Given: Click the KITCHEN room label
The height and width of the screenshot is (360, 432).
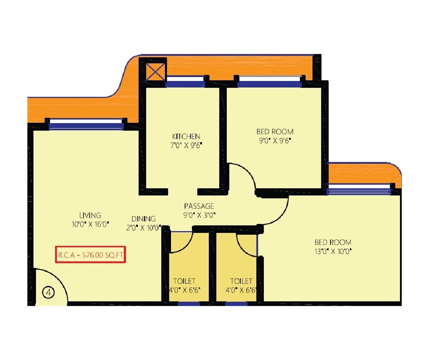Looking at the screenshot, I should (x=186, y=136).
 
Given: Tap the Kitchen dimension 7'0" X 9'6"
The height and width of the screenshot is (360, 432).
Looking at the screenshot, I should (x=186, y=145).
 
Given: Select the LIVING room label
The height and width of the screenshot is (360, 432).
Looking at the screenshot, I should (x=90, y=215).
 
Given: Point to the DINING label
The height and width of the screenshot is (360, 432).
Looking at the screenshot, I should (x=143, y=219).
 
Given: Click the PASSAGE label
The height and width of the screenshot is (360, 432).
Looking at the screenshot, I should (x=199, y=206).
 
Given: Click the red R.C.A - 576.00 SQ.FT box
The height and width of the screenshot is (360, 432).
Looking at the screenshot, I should (x=90, y=255).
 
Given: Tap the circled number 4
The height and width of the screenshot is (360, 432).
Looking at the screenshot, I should (x=49, y=293).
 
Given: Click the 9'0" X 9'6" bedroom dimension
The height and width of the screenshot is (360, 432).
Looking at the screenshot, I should (x=275, y=140).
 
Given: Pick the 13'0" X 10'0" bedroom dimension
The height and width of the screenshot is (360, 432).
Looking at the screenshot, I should (x=333, y=251).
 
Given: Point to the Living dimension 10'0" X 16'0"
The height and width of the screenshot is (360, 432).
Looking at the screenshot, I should (x=90, y=224).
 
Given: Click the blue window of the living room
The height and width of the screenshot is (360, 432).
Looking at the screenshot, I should (x=86, y=126).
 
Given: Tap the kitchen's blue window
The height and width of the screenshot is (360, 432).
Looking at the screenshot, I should (x=185, y=84).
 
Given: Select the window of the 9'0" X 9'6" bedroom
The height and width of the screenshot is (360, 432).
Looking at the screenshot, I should (x=269, y=84).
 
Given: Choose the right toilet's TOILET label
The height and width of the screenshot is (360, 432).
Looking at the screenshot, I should (x=241, y=281).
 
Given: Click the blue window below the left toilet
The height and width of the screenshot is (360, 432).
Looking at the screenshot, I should (x=189, y=304).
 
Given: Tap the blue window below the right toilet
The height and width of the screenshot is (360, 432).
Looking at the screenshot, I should (x=236, y=304).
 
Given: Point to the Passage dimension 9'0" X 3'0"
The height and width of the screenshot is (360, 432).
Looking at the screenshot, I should (x=200, y=215).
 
